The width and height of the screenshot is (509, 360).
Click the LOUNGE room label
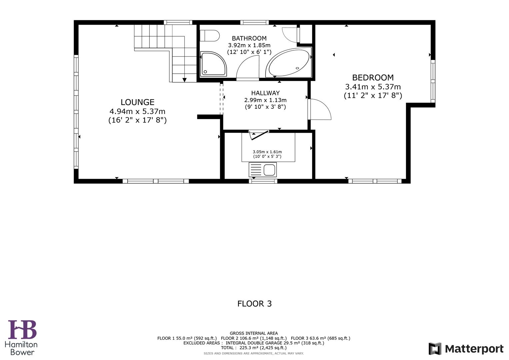pyautogui.click(x=137, y=102)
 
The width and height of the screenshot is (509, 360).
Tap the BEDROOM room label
pyautogui.click(x=373, y=78)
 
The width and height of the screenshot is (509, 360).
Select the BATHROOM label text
pyautogui.click(x=249, y=38)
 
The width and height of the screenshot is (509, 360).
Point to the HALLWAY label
pyautogui.click(x=265, y=93)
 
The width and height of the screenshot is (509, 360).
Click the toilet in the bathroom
pyautogui.click(x=209, y=36)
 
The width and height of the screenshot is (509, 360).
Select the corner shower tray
pyautogui.click(x=213, y=64)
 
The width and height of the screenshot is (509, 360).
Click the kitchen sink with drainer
pyautogui.click(x=263, y=170)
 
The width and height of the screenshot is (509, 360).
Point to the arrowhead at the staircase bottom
pyautogui.click(x=184, y=80)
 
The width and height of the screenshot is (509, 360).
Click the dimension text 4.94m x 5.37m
pyautogui.click(x=137, y=111)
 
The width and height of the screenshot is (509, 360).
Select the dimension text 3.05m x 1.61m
pyautogui.click(x=267, y=152)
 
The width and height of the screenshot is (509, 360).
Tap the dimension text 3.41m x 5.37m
pyautogui.click(x=373, y=87)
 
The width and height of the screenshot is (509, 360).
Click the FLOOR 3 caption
pyautogui.click(x=254, y=304)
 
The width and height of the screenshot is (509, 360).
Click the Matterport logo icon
pyautogui.click(x=435, y=349)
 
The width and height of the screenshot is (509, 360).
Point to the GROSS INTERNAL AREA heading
pyautogui.click(x=254, y=333)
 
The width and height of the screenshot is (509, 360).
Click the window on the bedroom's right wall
pyautogui.click(x=433, y=81)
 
